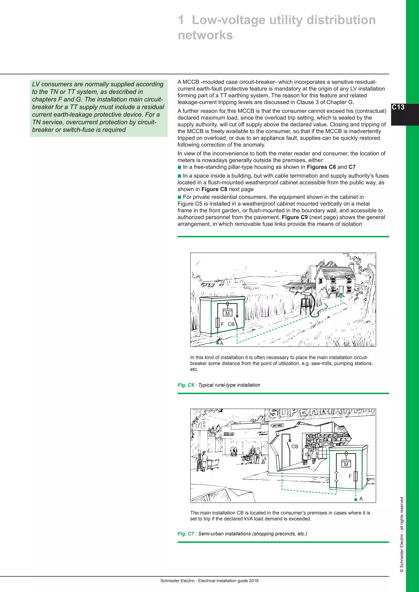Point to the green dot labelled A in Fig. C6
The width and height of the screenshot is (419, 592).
[218, 343]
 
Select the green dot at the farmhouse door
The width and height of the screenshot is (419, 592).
[341, 294]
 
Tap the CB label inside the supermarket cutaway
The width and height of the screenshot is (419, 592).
[295, 446]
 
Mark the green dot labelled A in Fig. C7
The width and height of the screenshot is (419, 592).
[356, 499]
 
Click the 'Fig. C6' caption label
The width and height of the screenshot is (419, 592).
[186, 385]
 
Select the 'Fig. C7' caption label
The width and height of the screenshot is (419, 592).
[186, 534]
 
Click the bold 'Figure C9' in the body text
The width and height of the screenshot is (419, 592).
[295, 217]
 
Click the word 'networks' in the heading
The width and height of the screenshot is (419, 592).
[205, 35]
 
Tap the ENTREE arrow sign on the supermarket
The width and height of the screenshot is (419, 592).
[277, 425]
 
